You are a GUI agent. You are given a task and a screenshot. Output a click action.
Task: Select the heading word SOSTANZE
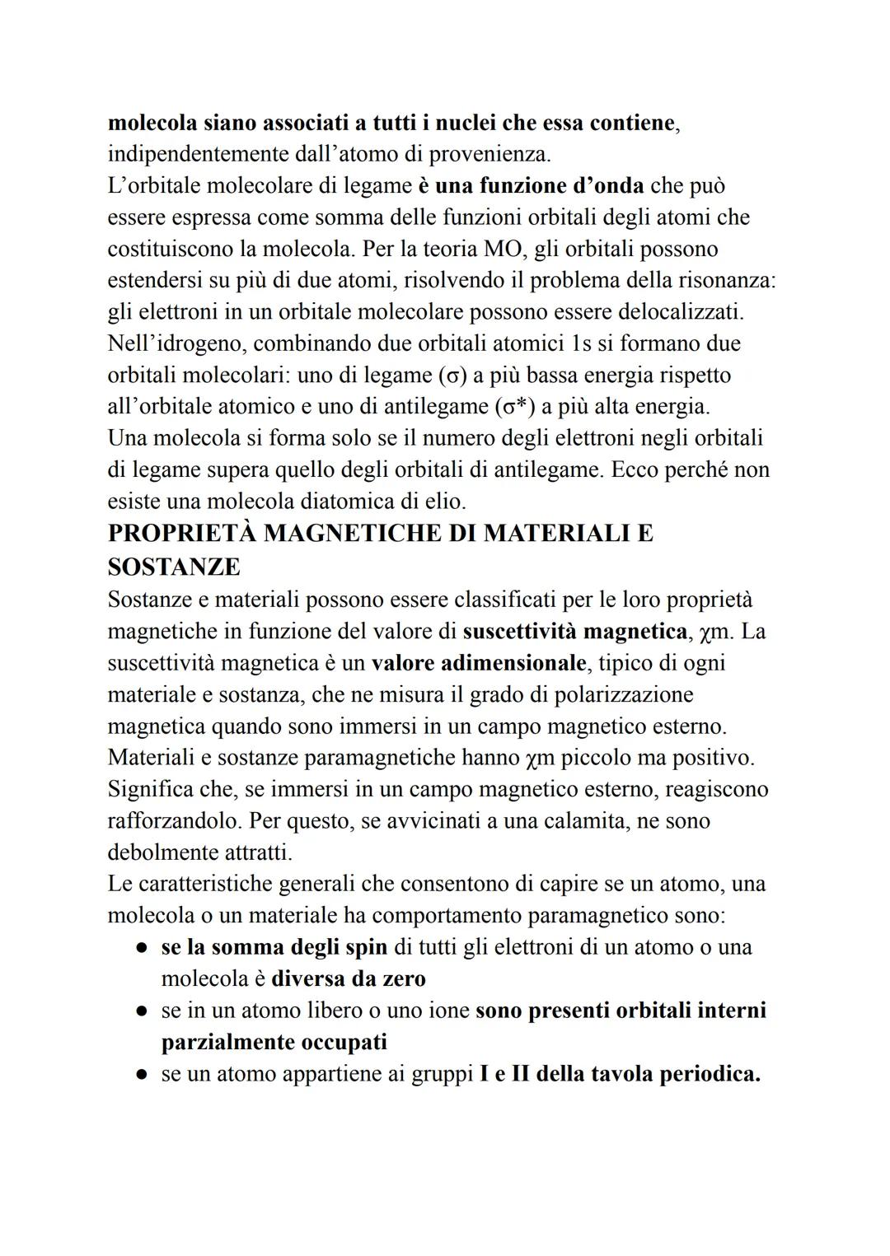pyautogui.click(x=174, y=567)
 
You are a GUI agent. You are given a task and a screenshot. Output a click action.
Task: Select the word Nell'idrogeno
pyautogui.click(x=176, y=343)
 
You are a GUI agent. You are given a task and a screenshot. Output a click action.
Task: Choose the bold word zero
pyautogui.click(x=403, y=978)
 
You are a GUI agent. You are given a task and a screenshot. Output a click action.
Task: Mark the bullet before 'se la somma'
pyautogui.click(x=142, y=948)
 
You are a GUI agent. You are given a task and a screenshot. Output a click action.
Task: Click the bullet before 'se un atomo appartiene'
pyautogui.click(x=142, y=1075)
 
